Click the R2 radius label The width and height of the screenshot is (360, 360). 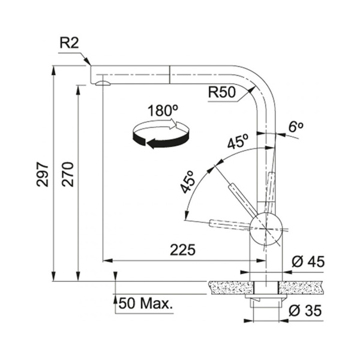(69, 43)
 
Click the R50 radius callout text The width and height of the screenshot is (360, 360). (222, 92)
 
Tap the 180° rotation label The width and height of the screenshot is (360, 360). (163, 110)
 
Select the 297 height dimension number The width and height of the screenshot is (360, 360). (43, 174)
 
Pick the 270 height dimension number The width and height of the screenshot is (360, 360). (68, 174)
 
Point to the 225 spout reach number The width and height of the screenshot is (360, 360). (183, 250)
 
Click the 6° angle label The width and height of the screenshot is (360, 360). (296, 127)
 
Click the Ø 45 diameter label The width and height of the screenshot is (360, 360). (308, 261)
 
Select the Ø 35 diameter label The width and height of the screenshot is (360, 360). (305, 311)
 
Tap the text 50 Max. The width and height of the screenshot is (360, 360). (145, 303)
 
